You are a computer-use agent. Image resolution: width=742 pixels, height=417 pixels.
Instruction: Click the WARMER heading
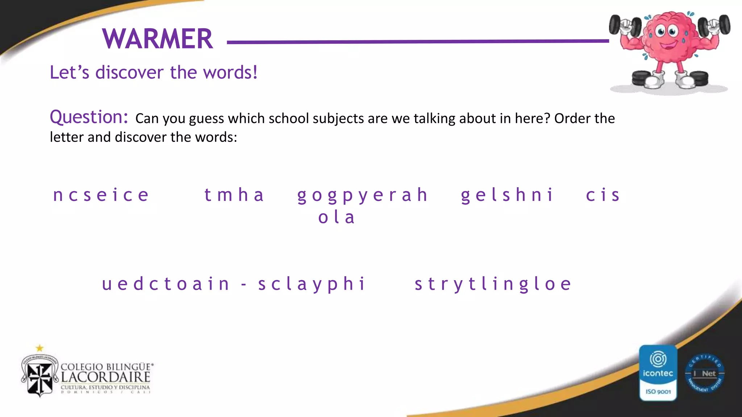tap(158, 39)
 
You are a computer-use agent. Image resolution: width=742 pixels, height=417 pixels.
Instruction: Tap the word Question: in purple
tap(89, 117)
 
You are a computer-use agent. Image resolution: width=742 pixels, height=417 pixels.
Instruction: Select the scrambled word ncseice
tap(101, 195)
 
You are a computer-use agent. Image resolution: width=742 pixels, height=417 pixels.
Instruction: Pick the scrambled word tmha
tap(234, 195)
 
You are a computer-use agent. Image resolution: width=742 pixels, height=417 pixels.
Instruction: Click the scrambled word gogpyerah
tap(363, 195)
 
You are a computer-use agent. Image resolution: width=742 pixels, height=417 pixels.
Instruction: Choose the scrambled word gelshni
tap(507, 195)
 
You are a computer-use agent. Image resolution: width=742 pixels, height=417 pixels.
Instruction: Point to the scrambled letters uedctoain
tap(166, 284)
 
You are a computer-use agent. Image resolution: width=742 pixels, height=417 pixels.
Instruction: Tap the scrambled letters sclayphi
tap(312, 284)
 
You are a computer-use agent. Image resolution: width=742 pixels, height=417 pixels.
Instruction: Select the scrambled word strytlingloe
tap(493, 284)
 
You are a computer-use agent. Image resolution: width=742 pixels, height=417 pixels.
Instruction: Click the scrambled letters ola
tap(337, 218)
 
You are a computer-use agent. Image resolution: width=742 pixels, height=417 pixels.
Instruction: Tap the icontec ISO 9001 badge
tap(658, 373)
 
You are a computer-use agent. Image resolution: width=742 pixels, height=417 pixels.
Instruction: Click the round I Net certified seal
tap(705, 373)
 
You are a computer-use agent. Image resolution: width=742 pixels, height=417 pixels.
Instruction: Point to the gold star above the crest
tap(39, 348)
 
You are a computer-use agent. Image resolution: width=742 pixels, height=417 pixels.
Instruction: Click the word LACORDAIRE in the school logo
tap(105, 377)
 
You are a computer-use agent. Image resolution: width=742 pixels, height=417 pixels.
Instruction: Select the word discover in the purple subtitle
tap(129, 72)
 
